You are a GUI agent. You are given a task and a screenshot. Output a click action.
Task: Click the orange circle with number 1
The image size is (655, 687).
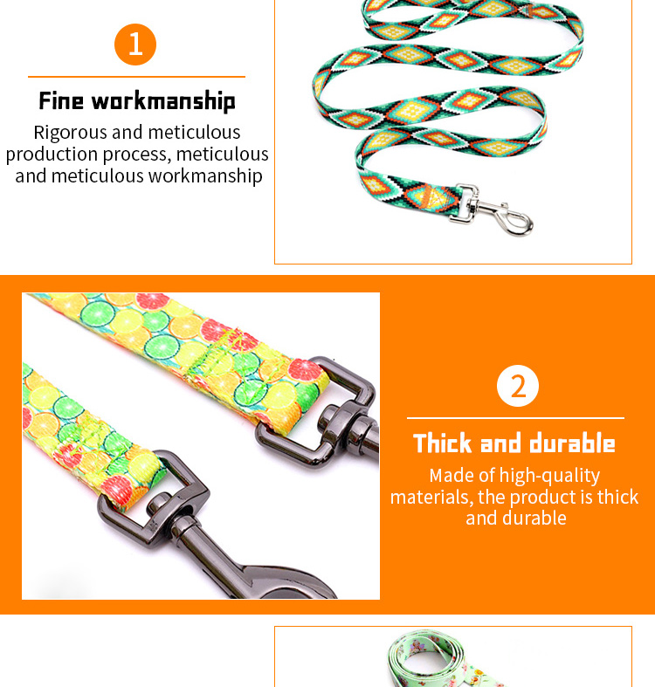click(x=135, y=45)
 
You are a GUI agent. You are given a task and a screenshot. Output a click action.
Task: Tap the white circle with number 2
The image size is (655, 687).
click(x=517, y=386)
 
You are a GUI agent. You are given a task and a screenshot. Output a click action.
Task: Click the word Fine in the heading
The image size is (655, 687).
click(x=61, y=100)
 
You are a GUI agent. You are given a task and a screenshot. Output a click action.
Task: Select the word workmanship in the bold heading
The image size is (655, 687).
click(x=163, y=101)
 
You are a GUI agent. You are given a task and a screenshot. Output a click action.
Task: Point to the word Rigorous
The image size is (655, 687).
click(x=70, y=133)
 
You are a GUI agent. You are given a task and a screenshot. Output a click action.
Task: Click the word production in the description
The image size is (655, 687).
click(x=52, y=155)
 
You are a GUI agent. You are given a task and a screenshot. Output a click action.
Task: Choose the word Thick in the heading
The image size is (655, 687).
click(x=444, y=443)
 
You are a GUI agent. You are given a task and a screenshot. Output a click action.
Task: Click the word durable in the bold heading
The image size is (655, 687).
click(x=572, y=443)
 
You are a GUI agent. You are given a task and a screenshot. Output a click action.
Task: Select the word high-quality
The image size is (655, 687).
click(x=549, y=477)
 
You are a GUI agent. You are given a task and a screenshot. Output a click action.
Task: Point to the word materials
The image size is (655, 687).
click(x=431, y=498)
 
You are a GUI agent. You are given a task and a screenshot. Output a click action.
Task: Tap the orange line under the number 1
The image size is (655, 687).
click(x=136, y=77)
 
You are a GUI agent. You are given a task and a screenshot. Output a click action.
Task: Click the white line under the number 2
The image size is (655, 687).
click(x=515, y=418)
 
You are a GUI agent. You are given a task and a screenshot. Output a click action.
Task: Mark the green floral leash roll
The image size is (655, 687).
click(x=443, y=658)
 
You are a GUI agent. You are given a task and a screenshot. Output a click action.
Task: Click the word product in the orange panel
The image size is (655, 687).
click(x=542, y=498)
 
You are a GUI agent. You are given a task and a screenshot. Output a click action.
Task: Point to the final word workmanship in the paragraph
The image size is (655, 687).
click(x=205, y=176)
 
